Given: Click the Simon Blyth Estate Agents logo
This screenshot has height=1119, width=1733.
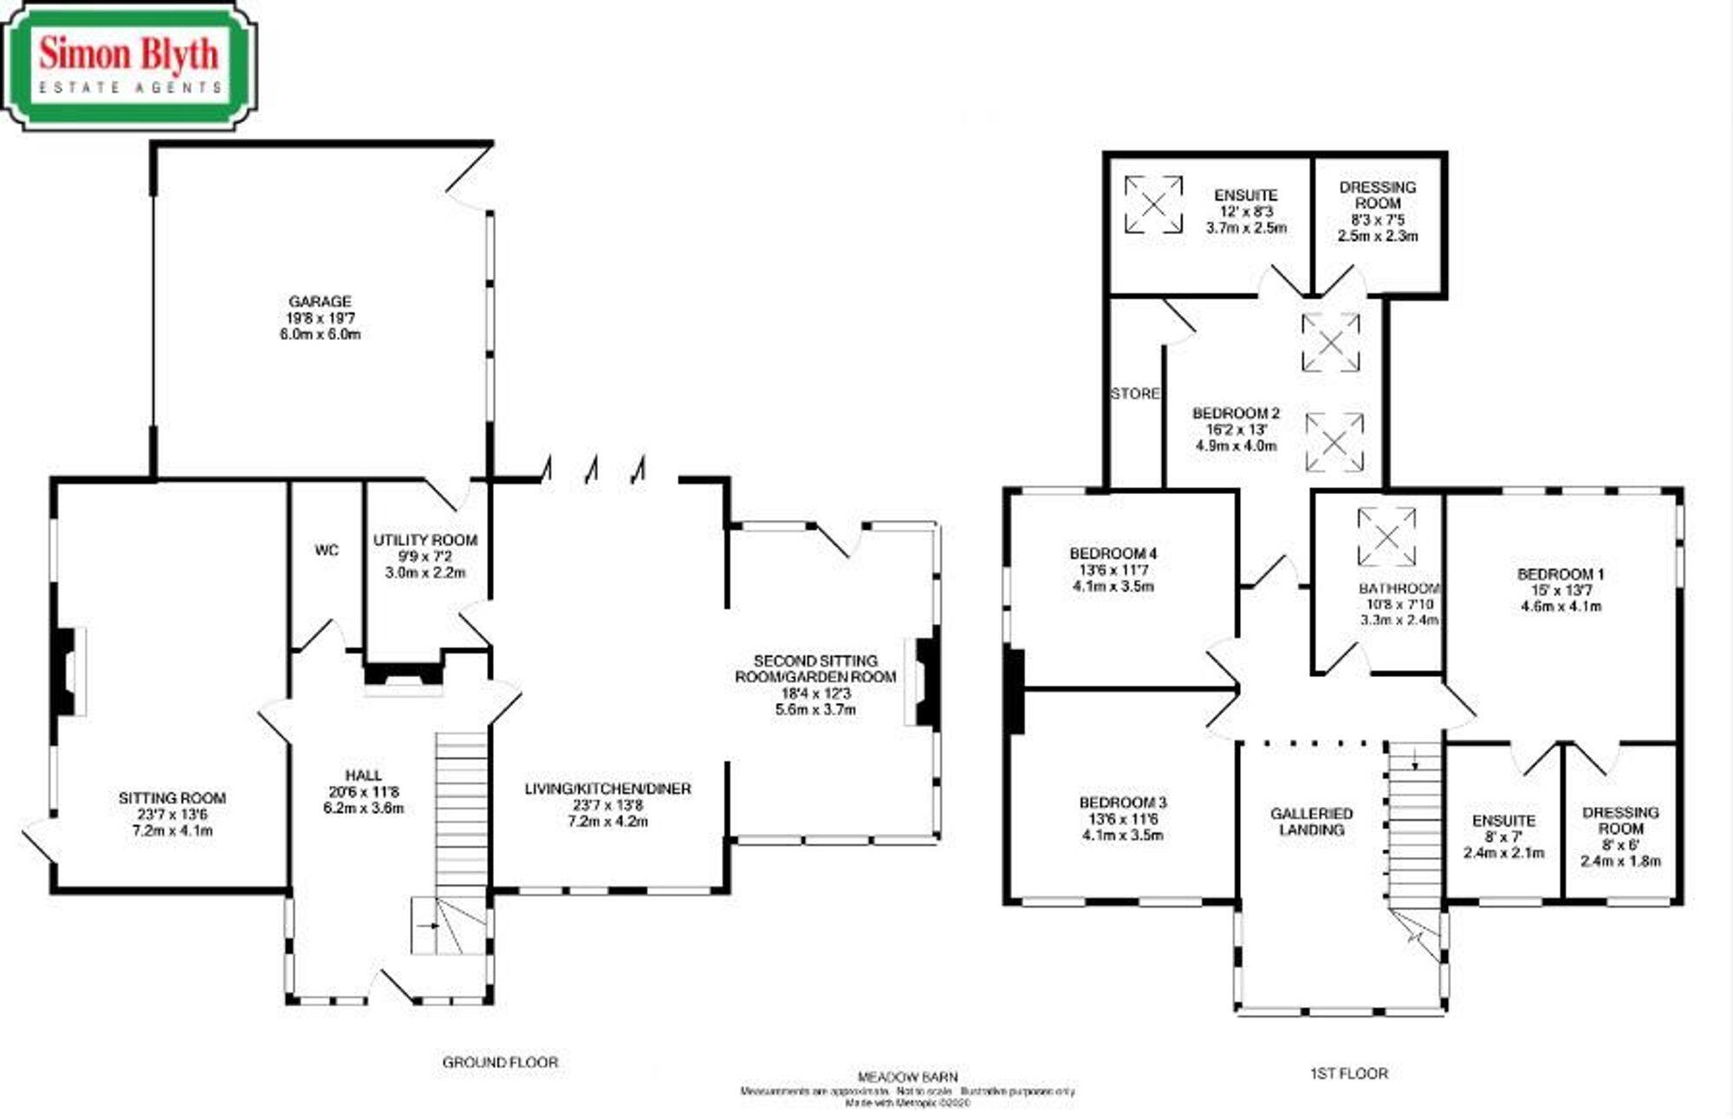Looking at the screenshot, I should (x=129, y=66).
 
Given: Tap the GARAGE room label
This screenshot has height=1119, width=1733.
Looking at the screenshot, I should (x=320, y=302).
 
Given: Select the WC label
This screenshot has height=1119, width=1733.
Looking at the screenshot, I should (x=327, y=550).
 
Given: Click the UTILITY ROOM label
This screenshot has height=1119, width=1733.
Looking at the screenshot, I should (x=425, y=540).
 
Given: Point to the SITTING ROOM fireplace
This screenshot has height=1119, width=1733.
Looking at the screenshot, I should (x=67, y=672).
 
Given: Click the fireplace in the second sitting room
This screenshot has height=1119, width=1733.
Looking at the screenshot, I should (x=925, y=680).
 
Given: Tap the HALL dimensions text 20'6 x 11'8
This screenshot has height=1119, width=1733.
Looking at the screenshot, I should (x=364, y=792).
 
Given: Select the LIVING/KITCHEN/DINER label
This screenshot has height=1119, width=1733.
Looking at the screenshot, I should (x=607, y=789).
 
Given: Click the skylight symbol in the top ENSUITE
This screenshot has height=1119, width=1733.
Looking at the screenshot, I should (x=1153, y=205).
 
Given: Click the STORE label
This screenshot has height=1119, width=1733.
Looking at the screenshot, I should (x=1134, y=394).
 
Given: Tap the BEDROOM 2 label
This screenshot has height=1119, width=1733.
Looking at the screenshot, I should (x=1236, y=413).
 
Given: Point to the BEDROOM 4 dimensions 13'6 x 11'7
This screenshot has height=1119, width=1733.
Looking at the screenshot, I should (x=1113, y=570).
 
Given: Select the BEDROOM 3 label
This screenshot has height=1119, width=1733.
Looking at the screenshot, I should (x=1122, y=803).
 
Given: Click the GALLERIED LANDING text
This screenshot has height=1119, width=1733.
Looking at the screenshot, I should (x=1311, y=822).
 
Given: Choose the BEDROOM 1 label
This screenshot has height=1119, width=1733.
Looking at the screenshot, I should (x=1561, y=574).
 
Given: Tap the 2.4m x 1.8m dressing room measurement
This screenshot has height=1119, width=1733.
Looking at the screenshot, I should (x=1620, y=862).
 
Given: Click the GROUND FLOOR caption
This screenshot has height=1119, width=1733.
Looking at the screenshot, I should (x=500, y=1062).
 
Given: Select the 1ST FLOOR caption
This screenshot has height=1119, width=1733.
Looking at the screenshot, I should (x=1348, y=1073).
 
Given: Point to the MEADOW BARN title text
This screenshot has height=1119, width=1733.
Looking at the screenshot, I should (x=907, y=1077).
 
